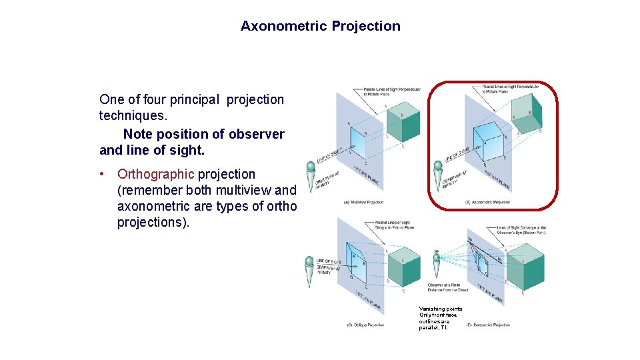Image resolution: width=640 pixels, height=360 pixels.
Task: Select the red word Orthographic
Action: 156,174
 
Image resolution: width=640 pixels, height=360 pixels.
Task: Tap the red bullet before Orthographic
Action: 102,175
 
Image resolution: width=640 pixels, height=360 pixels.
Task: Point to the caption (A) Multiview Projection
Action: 363,202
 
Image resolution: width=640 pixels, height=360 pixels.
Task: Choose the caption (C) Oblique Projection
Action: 365,325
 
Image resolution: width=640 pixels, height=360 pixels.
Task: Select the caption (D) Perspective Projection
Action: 489,325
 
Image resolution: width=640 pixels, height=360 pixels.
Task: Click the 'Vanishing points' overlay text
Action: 440,309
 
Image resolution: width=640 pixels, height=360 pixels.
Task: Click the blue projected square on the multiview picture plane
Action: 359,141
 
